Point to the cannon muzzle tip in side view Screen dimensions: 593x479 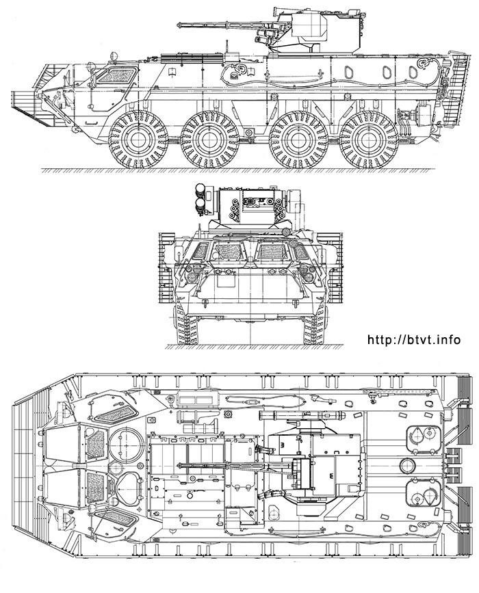click(179, 25)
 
